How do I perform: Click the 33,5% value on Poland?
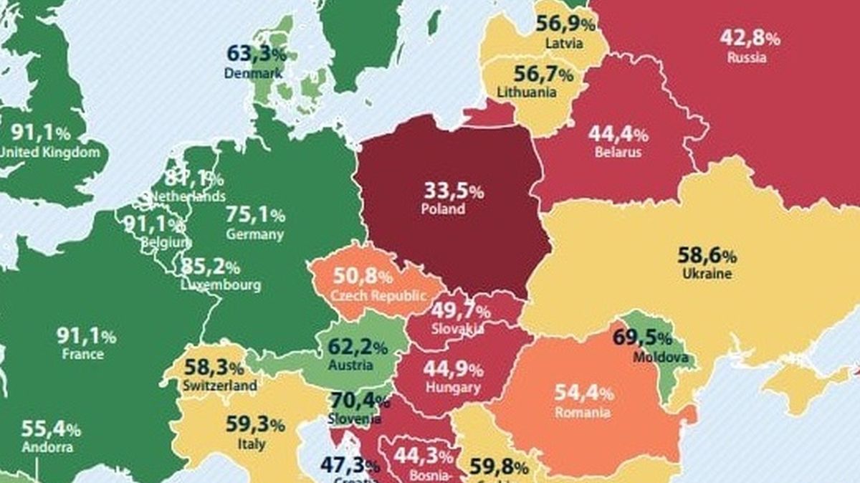(x=453, y=191)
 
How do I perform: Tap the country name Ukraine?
(x=707, y=274)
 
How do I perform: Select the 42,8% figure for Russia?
(x=750, y=38)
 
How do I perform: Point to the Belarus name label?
(x=618, y=152)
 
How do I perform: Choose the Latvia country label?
(x=564, y=43)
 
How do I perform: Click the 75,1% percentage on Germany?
(x=255, y=214)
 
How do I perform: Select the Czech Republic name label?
(x=378, y=295)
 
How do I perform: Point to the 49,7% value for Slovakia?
(x=460, y=311)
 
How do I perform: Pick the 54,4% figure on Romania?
(x=584, y=393)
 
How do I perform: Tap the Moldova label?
(x=661, y=357)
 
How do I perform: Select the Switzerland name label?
(x=219, y=386)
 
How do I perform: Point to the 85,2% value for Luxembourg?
(x=210, y=267)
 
